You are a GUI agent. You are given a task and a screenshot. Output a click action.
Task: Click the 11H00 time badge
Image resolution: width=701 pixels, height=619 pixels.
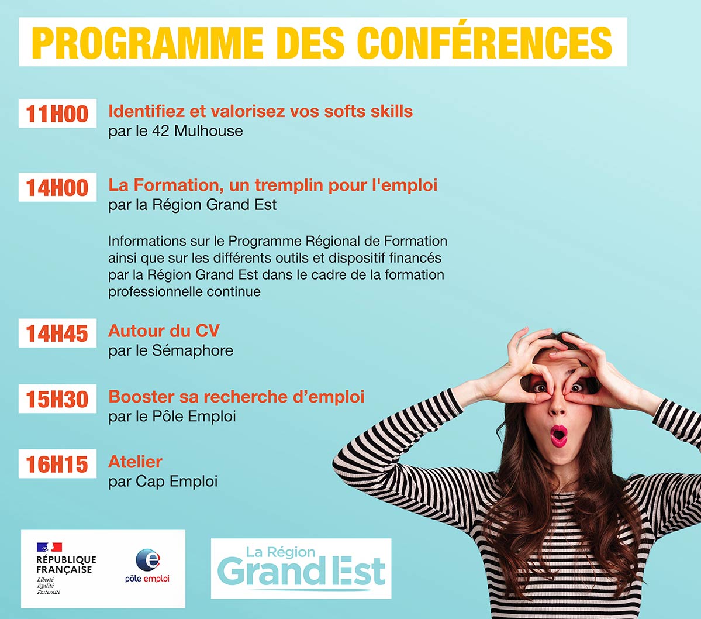[57, 114]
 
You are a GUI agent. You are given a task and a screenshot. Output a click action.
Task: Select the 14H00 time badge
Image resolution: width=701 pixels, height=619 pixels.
[57, 188]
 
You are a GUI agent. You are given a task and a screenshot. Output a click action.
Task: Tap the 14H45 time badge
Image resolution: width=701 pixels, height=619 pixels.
[57, 333]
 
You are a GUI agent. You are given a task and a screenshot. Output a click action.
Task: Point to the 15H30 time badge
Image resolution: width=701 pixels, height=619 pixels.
[57, 399]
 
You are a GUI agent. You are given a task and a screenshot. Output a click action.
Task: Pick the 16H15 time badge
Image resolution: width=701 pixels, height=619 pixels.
[57, 465]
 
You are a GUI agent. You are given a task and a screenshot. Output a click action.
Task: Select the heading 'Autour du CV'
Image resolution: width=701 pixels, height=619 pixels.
[164, 331]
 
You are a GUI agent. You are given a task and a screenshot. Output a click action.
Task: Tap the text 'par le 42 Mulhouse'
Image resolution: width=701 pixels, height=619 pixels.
[175, 130]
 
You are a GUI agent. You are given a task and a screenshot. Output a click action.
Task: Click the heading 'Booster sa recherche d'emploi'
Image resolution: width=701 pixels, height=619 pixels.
[236, 397]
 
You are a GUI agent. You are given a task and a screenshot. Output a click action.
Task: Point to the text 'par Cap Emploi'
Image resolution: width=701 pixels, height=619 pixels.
[163, 482]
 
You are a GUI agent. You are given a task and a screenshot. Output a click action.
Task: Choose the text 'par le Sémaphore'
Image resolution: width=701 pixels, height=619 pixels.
[171, 350]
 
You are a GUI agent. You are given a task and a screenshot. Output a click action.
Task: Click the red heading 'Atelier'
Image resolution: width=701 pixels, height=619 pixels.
[135, 462]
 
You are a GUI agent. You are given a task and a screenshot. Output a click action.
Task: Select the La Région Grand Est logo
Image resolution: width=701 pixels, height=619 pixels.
[301, 568]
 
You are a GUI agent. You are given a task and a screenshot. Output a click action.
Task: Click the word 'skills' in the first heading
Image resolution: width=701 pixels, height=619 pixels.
[392, 111]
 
